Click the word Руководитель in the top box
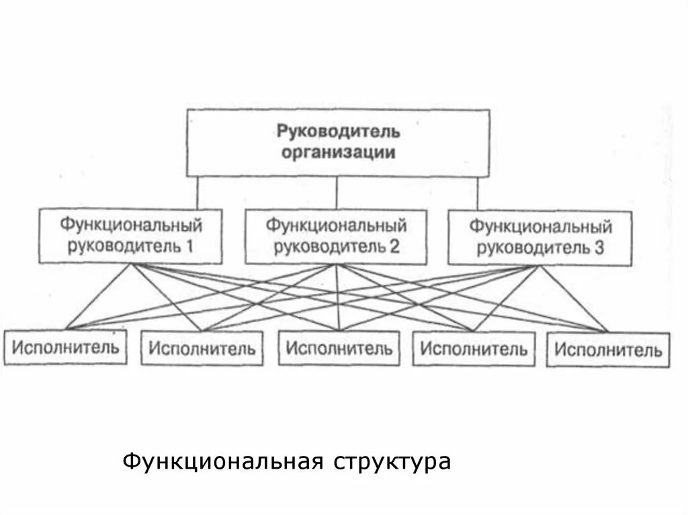coord(338,130)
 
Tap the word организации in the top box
coord(338,152)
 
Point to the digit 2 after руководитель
coord(394,246)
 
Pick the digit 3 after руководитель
coord(599,248)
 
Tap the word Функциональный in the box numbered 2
coord(336,224)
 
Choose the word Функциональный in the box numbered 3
coord(540,224)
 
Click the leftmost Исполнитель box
coord(65,347)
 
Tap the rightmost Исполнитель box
coord(608,349)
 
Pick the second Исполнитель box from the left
coord(202,348)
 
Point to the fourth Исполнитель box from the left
coord(474,348)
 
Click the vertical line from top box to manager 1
coord(198,193)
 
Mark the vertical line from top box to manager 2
coord(337,193)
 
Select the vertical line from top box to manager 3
coord(478,194)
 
